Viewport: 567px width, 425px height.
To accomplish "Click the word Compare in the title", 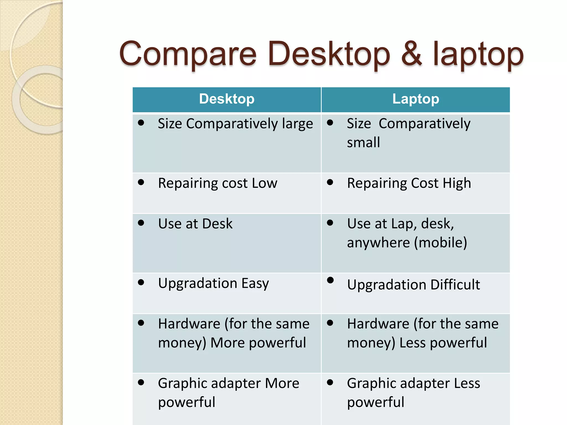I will point(188,55).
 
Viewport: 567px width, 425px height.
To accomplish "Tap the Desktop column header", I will point(227,99).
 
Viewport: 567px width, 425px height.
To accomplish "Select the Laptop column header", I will point(416,99).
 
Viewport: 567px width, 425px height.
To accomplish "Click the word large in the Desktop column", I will point(297,124).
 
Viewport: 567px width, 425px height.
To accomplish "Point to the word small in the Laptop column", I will point(363,143).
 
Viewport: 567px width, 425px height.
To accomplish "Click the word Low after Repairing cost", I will point(264,183).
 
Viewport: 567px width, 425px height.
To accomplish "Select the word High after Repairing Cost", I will point(457,183).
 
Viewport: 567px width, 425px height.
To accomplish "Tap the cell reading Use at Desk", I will point(195,224).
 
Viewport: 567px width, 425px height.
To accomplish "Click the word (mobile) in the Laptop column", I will point(440,243).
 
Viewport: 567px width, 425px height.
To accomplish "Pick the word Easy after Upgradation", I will point(255,283).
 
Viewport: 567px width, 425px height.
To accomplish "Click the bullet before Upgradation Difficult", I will point(330,280).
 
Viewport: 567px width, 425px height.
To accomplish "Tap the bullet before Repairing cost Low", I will point(141,182).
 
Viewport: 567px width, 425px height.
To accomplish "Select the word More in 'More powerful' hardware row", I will point(228,343).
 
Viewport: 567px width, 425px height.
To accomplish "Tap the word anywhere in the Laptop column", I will point(378,243).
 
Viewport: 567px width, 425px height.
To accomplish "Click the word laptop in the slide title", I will point(478,55).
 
